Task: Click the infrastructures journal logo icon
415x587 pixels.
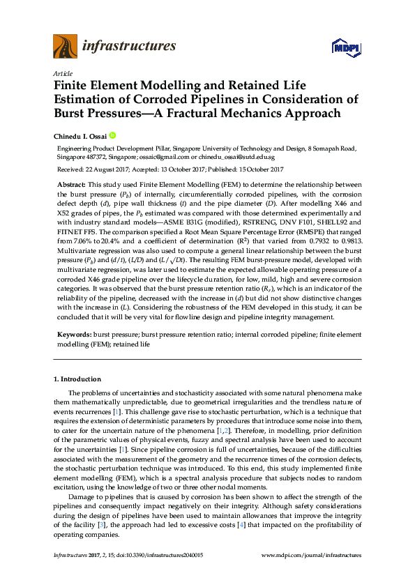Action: (64, 47)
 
